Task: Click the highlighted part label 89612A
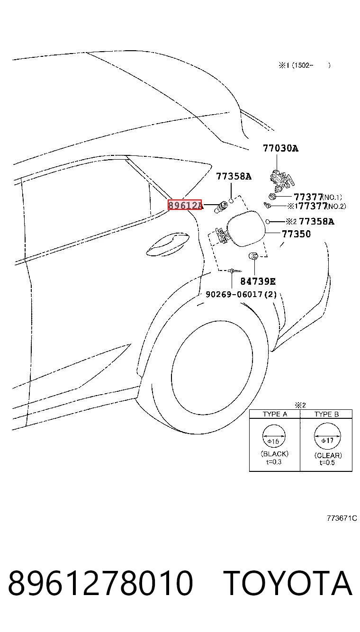[x=185, y=205]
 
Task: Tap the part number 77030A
[x=280, y=148]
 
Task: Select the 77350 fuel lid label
[x=296, y=234]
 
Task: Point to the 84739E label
[x=258, y=281]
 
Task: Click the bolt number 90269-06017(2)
[x=241, y=295]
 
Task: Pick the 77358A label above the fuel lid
[x=234, y=176]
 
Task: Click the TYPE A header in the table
[x=275, y=414]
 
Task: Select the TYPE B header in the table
[x=326, y=414]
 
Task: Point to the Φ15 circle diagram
[x=274, y=436]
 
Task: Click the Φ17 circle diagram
[x=327, y=436]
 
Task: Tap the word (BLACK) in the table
[x=275, y=454]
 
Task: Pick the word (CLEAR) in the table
[x=328, y=455]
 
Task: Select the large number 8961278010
[x=100, y=583]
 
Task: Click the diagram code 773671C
[x=342, y=518]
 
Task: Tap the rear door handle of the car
[x=168, y=244]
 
